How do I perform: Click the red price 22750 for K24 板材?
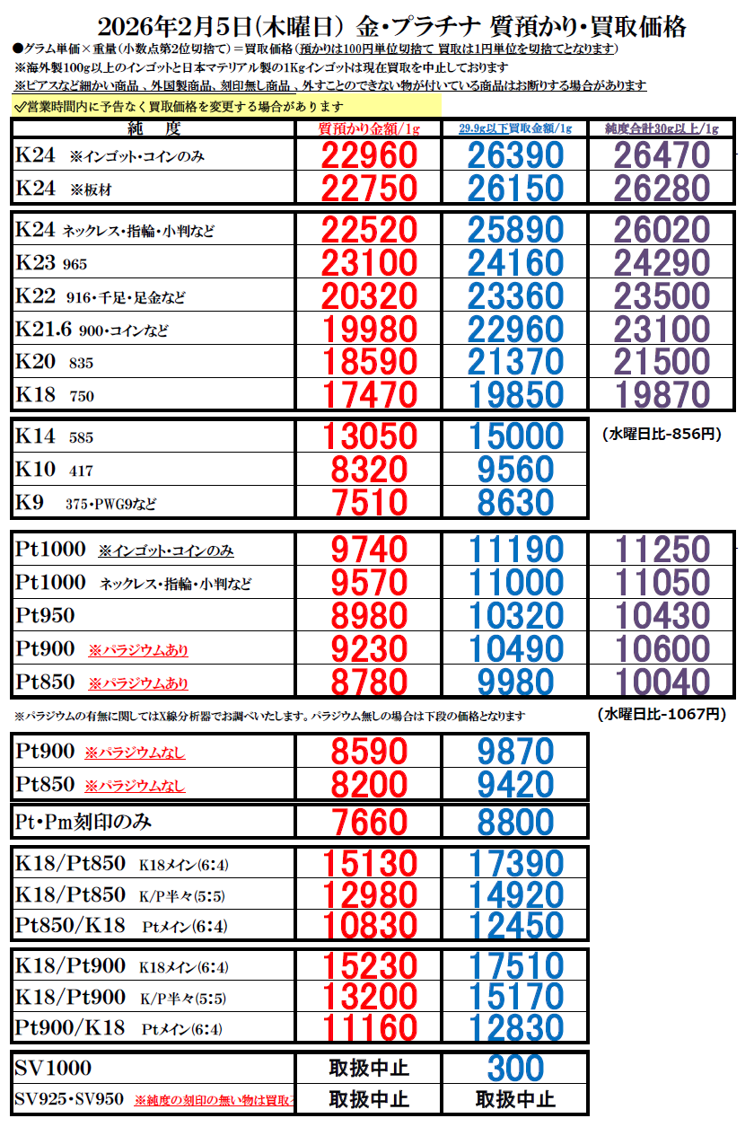pyautogui.click(x=369, y=189)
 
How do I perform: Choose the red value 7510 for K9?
pyautogui.click(x=369, y=503)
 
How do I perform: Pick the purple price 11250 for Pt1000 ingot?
pyautogui.click(x=662, y=550)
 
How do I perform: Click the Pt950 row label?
pyautogui.click(x=46, y=616)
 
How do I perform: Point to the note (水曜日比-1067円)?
pyautogui.click(x=661, y=715)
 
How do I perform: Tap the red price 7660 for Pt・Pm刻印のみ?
pyautogui.click(x=369, y=822)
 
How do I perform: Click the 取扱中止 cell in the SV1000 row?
pyautogui.click(x=369, y=1069)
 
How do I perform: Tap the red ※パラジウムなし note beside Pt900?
pyautogui.click(x=135, y=753)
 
